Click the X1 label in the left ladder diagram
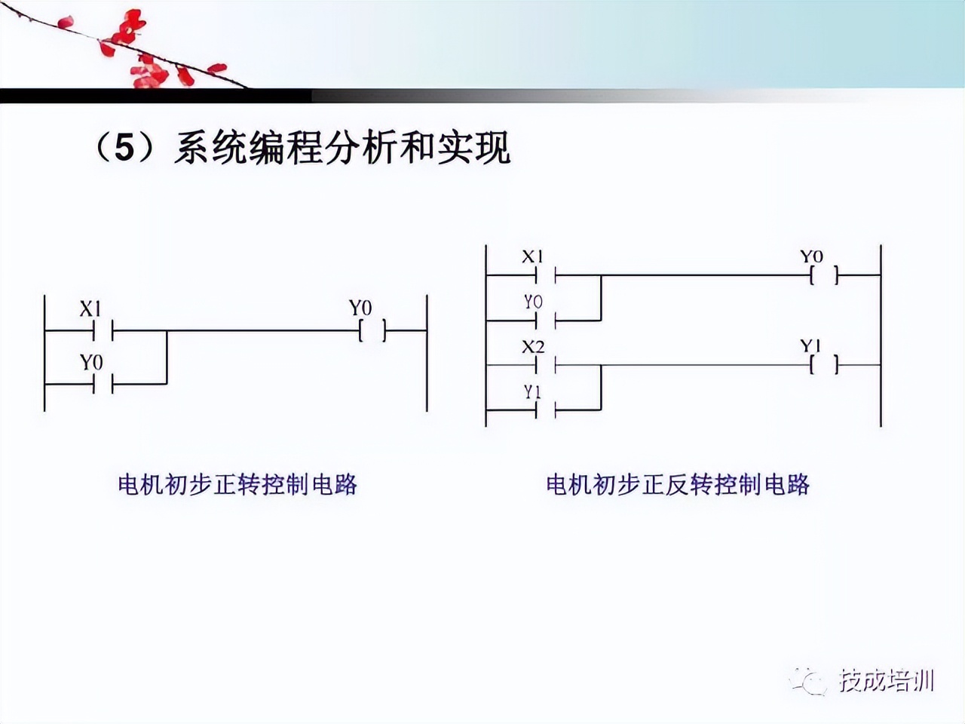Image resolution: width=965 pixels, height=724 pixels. [90, 309]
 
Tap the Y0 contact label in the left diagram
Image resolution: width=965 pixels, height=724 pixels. [91, 363]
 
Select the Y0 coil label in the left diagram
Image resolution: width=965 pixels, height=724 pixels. [360, 308]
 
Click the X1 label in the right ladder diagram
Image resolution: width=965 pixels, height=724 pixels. [533, 256]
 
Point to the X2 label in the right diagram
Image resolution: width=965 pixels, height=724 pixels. [533, 347]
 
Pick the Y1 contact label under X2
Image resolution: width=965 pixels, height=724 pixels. [533, 392]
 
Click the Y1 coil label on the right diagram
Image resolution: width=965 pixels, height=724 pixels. [811, 346]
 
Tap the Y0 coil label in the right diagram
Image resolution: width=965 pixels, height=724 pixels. [811, 256]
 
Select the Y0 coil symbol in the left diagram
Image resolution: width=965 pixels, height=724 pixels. [372, 330]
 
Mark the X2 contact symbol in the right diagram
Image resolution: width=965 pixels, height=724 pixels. [545, 366]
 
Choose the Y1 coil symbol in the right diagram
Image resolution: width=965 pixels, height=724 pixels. [823, 366]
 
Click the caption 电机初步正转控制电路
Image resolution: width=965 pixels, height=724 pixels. [237, 483]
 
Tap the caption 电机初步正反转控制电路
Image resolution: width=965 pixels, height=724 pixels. [678, 483]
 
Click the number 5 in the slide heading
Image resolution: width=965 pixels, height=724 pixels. [124, 148]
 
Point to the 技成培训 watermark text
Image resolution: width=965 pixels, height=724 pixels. [887, 681]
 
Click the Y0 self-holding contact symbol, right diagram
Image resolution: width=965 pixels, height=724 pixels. [545, 320]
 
